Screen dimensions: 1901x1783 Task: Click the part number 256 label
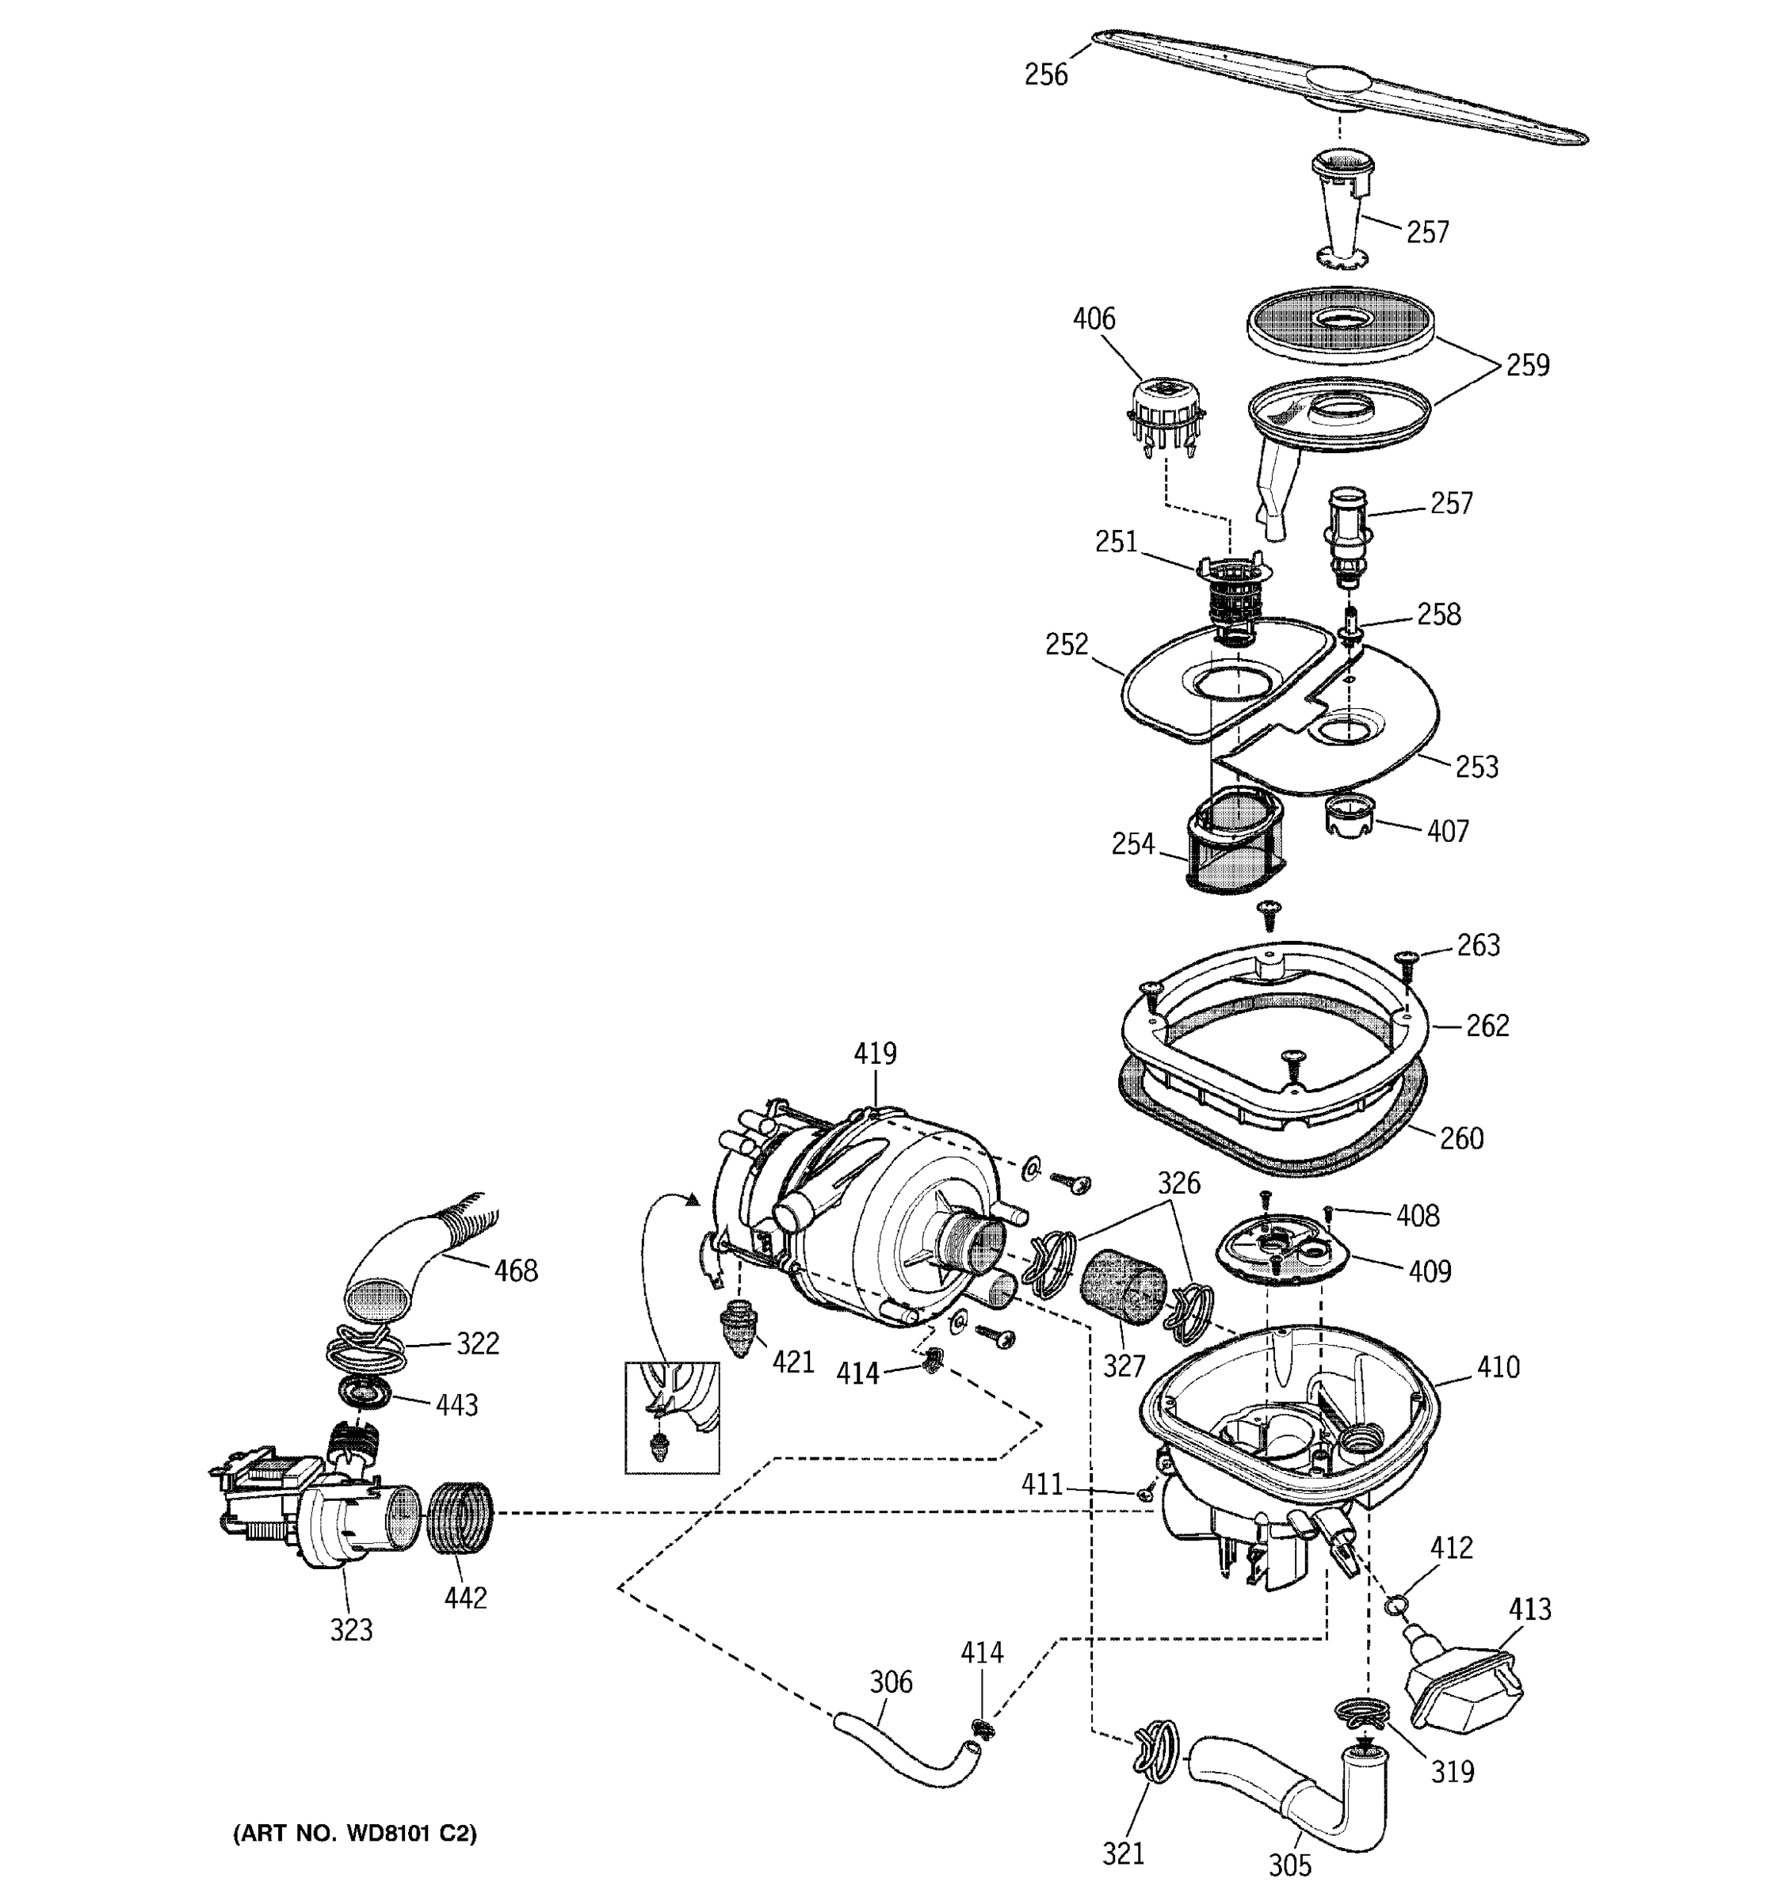[x=1045, y=74]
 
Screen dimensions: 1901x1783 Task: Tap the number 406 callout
[x=1094, y=318]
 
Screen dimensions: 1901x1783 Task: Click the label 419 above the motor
[x=874, y=1053]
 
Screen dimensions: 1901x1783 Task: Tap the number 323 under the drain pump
[x=351, y=1630]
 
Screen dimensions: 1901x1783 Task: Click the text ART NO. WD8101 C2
[x=355, y=1833]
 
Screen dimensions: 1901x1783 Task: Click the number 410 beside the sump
[x=1497, y=1367]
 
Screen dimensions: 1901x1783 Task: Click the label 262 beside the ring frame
[x=1487, y=1025]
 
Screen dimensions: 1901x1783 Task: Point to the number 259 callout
[x=1527, y=365]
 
